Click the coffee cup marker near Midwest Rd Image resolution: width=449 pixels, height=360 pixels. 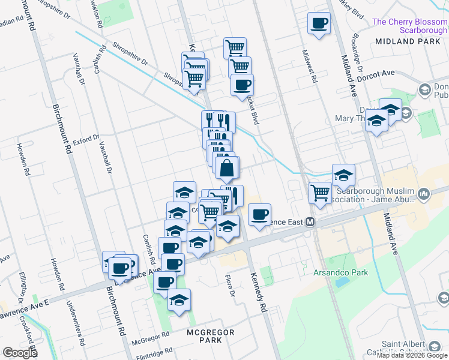coord(319,24)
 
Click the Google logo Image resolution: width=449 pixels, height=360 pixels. coord(20,353)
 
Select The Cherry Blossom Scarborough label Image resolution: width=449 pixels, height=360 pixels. coord(410,26)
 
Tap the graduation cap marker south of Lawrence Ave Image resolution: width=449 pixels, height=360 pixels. coord(179,300)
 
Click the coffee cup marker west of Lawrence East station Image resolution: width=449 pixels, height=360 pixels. coord(259,215)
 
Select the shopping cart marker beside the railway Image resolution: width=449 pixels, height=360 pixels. coord(320,193)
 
